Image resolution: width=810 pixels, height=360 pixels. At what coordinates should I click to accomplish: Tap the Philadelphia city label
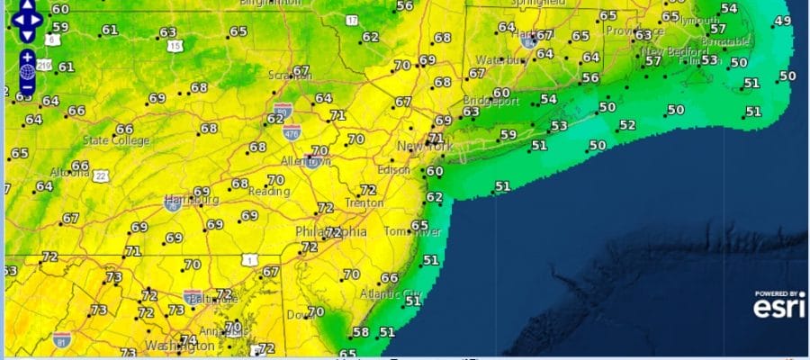click(x=331, y=231)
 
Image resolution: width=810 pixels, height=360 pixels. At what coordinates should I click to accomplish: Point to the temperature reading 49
click(x=782, y=21)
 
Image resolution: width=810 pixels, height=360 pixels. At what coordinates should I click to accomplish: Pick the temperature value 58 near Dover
click(x=360, y=332)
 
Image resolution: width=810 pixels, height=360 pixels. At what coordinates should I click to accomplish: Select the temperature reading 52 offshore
click(x=627, y=125)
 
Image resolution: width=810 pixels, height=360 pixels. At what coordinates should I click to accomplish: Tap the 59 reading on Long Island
click(x=508, y=135)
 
